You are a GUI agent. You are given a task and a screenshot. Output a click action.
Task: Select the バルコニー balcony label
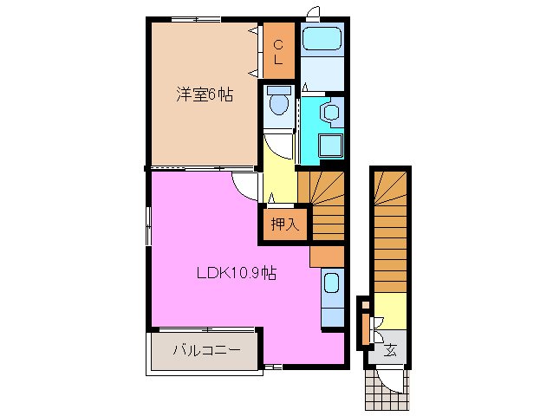tap(204, 351)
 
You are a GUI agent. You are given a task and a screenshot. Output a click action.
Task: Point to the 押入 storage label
tap(283, 224)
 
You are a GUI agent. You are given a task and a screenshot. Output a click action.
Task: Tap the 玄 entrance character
tap(390, 350)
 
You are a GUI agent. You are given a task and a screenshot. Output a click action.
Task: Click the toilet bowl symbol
tap(279, 105)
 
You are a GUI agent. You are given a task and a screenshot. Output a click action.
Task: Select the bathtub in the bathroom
tap(323, 40)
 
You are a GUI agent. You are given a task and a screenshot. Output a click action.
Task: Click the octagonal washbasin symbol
tap(329, 112)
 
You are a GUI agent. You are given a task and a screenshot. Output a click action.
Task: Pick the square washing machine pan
tap(329, 148)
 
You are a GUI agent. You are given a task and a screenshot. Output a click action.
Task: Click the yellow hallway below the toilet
tap(279, 172)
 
